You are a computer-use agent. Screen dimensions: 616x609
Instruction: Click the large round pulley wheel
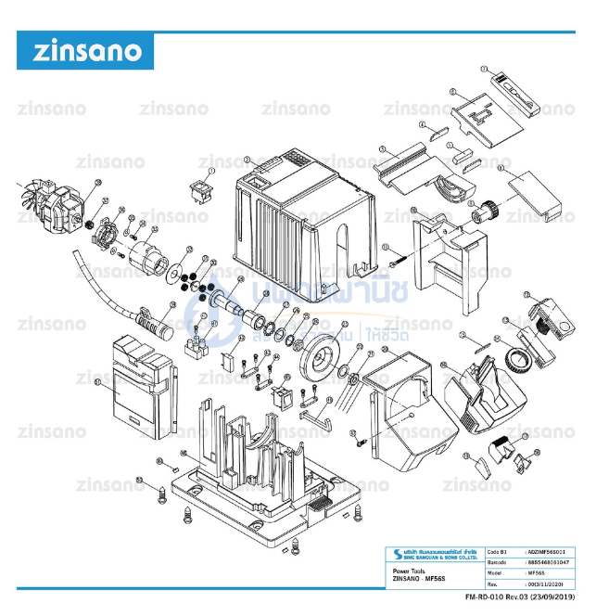(x=320, y=353)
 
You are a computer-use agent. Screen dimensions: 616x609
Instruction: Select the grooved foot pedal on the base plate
(x=316, y=505)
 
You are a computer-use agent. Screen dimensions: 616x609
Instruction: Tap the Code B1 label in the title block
(x=496, y=552)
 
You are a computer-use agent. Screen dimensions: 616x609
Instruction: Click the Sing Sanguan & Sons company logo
(x=430, y=557)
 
